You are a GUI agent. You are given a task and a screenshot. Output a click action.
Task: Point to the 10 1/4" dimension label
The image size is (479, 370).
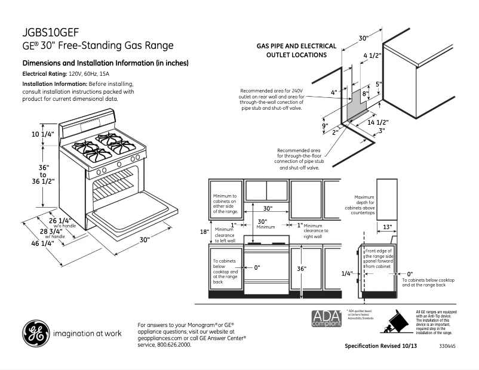(43, 134)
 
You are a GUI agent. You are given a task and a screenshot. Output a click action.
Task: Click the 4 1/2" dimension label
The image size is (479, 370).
(372, 55)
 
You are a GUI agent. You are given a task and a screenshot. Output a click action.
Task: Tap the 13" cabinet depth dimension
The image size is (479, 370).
(387, 227)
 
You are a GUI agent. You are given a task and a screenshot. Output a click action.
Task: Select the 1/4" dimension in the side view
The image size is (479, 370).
(346, 273)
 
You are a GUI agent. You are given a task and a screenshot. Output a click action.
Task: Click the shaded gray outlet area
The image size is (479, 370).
(357, 105)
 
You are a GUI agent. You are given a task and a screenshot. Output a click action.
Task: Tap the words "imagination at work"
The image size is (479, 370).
(87, 334)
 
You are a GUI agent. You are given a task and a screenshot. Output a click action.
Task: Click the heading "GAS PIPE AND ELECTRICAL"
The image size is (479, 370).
(296, 46)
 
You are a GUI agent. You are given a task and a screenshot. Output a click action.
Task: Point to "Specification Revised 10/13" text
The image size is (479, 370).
(380, 346)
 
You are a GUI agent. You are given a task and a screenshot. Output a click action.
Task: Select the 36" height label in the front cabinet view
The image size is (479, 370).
(302, 269)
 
